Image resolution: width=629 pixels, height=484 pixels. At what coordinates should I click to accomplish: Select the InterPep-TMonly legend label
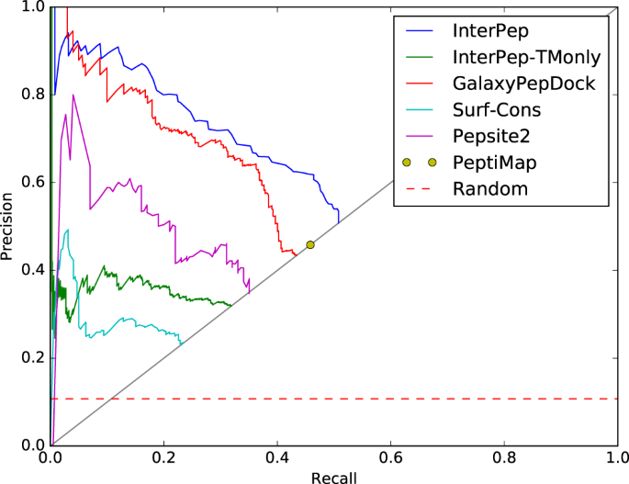526,57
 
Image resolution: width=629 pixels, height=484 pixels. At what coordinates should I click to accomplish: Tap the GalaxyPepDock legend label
523,84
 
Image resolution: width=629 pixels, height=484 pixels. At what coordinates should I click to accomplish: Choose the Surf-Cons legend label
497,110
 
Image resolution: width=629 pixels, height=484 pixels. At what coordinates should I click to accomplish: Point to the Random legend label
489,190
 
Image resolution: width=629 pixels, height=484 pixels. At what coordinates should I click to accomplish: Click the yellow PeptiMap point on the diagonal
310,244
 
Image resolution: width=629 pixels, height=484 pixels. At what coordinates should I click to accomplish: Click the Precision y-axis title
9,226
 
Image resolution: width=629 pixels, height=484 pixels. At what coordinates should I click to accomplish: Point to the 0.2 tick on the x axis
164,456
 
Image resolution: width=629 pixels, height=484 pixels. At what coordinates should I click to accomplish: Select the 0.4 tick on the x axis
277,456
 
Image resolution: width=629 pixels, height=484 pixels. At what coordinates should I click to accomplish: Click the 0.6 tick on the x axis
390,456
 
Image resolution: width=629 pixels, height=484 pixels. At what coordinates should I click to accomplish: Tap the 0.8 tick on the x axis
503,456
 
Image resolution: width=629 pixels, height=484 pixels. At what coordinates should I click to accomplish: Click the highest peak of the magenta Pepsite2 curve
73,95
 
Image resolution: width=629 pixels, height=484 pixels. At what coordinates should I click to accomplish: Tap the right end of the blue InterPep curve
339,221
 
